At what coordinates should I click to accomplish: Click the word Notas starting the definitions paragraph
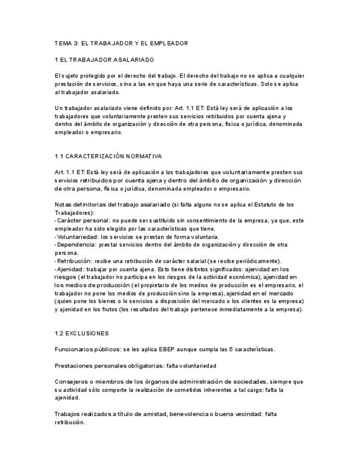click(x=64, y=205)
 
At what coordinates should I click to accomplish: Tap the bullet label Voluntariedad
click(x=74, y=237)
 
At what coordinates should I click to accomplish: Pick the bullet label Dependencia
click(x=74, y=245)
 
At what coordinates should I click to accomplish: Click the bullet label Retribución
click(x=73, y=261)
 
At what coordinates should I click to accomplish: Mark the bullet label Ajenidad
click(x=69, y=269)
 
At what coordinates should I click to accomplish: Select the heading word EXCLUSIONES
click(x=88, y=334)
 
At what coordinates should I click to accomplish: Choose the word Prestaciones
click(x=74, y=365)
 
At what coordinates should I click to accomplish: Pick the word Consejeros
click(x=72, y=381)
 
